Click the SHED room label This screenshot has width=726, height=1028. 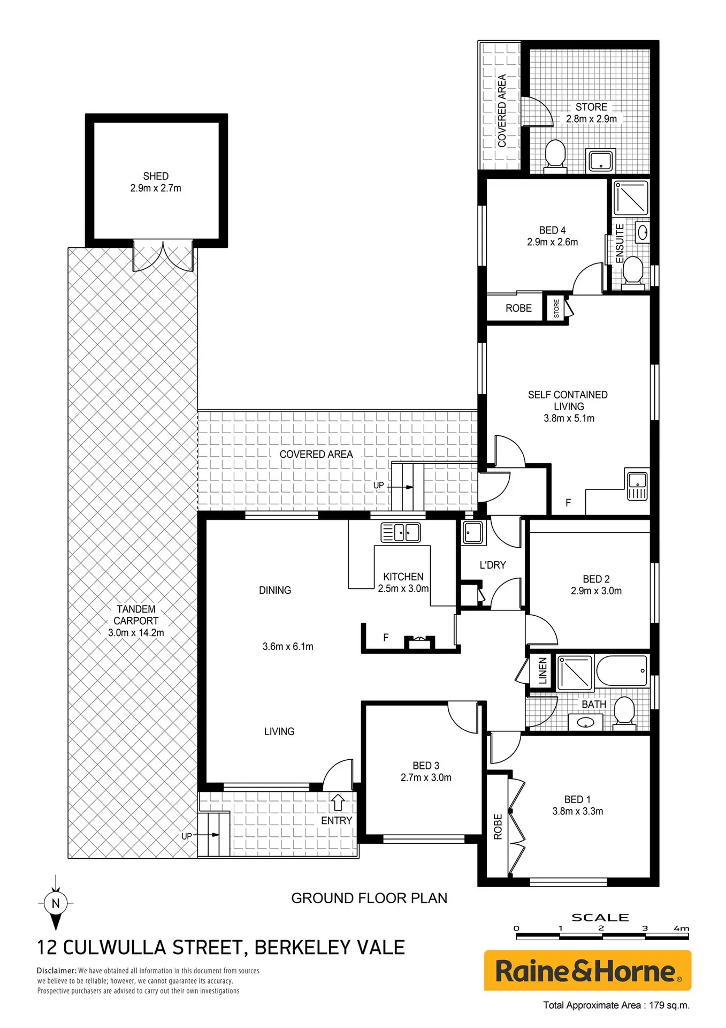tap(156, 176)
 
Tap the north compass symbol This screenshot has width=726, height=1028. tap(56, 903)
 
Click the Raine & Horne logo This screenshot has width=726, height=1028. tap(587, 971)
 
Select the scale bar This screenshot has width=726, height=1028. tap(602, 936)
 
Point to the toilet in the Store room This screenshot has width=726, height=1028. tap(555, 156)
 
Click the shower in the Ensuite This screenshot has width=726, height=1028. tap(631, 198)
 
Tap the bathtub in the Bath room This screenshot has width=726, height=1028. tap(622, 671)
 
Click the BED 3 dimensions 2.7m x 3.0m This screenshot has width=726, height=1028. tap(426, 777)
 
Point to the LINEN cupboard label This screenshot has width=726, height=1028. tap(542, 670)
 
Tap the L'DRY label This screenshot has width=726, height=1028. tap(493, 565)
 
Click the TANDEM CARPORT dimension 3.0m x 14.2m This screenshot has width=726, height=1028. tap(136, 632)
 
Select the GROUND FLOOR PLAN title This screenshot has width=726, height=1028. tap(369, 898)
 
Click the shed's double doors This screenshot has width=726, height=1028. tap(163, 256)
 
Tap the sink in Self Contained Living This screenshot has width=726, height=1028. tap(637, 484)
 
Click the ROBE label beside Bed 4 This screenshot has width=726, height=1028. tap(518, 308)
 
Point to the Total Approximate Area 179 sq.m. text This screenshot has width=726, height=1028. tap(616, 1005)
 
